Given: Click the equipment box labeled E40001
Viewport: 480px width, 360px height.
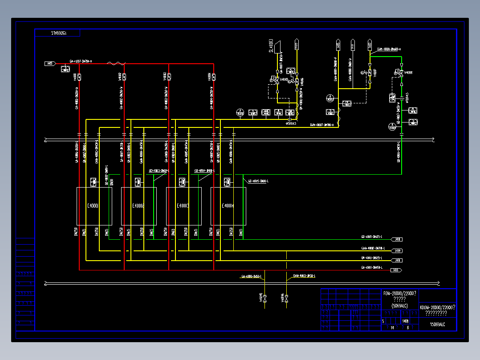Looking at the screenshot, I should pyautogui.click(x=94, y=206).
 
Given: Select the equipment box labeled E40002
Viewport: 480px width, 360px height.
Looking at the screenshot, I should pyautogui.click(x=138, y=206).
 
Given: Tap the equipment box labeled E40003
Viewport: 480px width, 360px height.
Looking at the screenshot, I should pyautogui.click(x=183, y=206).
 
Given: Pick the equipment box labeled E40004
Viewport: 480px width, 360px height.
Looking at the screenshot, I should pyautogui.click(x=228, y=206).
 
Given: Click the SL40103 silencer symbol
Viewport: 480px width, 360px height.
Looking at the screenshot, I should pyautogui.click(x=278, y=45).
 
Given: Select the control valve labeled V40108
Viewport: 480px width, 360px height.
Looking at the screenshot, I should pyautogui.click(x=401, y=73).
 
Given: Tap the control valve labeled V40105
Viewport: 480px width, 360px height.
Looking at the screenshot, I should pyautogui.click(x=277, y=80).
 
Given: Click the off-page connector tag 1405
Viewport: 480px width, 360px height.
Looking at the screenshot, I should pyautogui.click(x=49, y=64).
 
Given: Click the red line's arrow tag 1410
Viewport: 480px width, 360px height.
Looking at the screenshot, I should pyautogui.click(x=396, y=270).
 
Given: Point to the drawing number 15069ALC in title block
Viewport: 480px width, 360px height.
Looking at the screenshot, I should pyautogui.click(x=437, y=325).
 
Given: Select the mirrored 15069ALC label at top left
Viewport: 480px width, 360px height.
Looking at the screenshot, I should pyautogui.click(x=57, y=33).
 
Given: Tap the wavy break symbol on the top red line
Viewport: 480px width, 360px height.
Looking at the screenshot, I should pyautogui.click(x=117, y=64).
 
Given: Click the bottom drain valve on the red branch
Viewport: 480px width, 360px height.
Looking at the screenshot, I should pyautogui.click(x=264, y=298).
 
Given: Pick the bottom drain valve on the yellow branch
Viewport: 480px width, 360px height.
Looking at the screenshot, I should pyautogui.click(x=286, y=298).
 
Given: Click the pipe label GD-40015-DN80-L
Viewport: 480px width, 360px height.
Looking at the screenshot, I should pyautogui.click(x=258, y=181).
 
